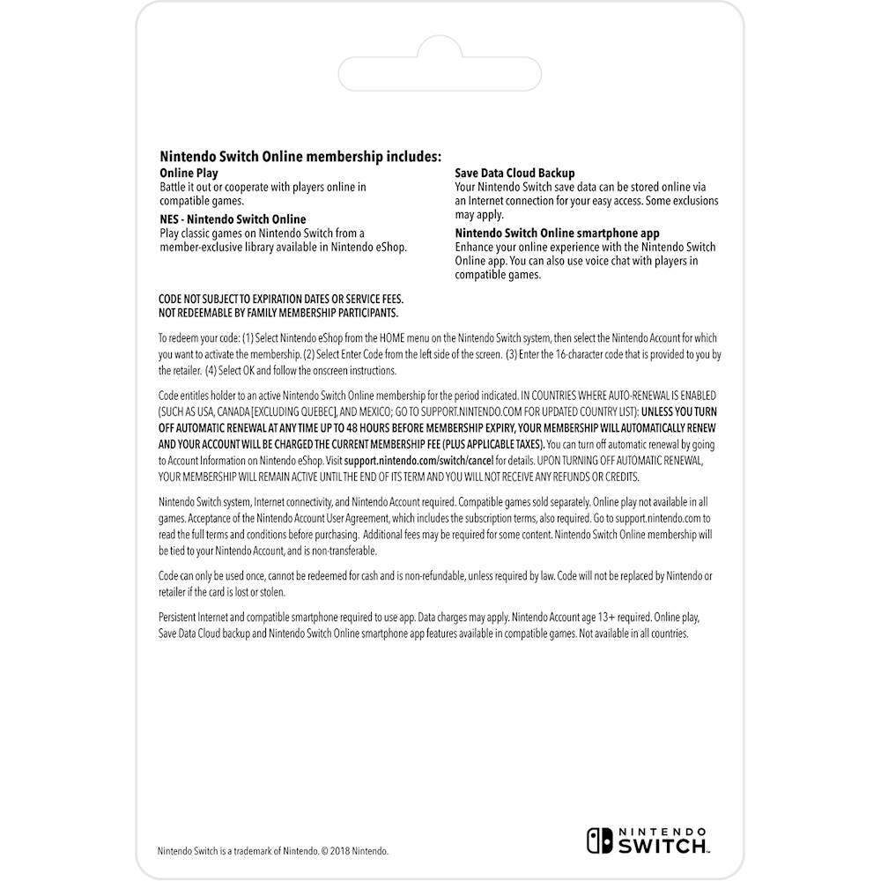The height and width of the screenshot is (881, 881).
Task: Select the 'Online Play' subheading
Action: (x=189, y=174)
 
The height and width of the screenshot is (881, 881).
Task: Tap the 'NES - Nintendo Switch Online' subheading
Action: (x=233, y=219)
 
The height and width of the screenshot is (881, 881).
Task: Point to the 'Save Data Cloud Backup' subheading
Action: (x=515, y=174)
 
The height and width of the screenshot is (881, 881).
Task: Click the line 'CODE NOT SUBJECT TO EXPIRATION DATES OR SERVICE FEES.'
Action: (x=280, y=300)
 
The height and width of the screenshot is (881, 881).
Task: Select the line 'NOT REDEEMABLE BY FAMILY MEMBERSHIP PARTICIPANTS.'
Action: (x=278, y=313)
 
